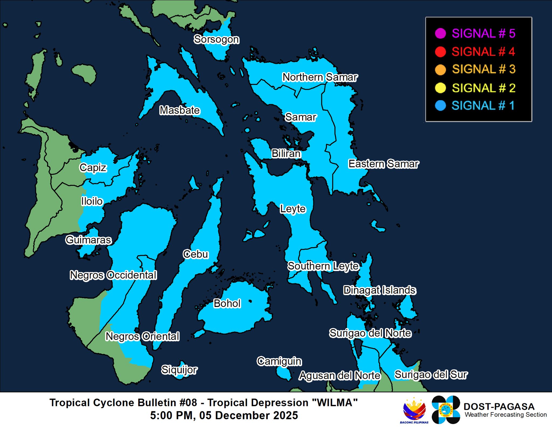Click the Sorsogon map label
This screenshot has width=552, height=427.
[216, 39]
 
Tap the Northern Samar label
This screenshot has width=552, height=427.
[320, 77]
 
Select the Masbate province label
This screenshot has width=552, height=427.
[180, 110]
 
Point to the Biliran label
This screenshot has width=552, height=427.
[286, 153]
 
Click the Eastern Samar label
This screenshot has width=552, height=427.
[383, 164]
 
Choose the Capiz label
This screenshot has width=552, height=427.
[93, 168]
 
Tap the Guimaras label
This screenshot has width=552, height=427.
[88, 240]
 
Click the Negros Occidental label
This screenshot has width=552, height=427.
[113, 275]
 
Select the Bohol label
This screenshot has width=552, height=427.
[227, 303]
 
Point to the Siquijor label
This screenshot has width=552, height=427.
[179, 370]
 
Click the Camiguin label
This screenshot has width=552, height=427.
[279, 361]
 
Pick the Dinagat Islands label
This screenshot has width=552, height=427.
[379, 290]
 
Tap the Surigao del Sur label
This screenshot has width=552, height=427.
[431, 375]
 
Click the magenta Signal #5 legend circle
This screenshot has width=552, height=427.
[440, 33]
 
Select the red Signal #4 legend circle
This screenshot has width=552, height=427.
[440, 52]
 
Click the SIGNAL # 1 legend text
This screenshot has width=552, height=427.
[483, 105]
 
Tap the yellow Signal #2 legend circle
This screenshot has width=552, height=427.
[440, 88]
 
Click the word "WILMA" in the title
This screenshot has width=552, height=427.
[335, 403]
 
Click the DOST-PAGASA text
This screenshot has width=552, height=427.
[499, 406]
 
